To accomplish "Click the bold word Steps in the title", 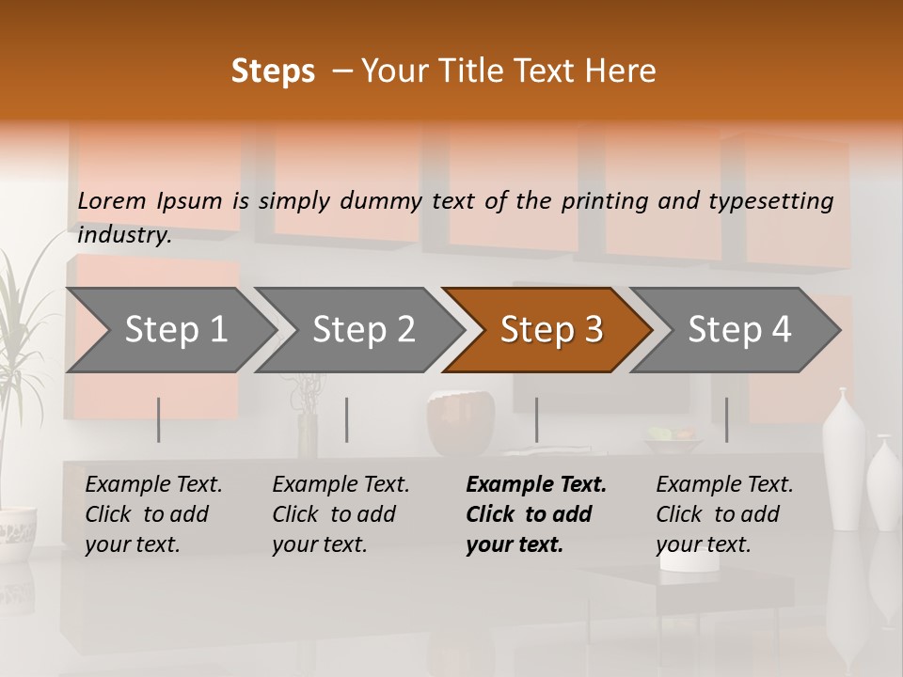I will pyautogui.click(x=273, y=71).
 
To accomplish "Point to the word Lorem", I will pyautogui.click(x=112, y=201).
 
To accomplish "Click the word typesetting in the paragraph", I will pyautogui.click(x=780, y=201).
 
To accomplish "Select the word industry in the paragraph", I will pyautogui.click(x=123, y=235).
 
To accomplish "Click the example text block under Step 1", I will pyautogui.click(x=153, y=514).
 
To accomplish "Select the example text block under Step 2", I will pyautogui.click(x=341, y=514).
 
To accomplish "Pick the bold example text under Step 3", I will pyautogui.click(x=536, y=514).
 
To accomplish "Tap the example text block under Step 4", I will pyautogui.click(x=724, y=514).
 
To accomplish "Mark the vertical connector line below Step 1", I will pyautogui.click(x=159, y=419).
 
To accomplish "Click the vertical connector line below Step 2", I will pyautogui.click(x=347, y=419).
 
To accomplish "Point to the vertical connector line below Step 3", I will pyautogui.click(x=536, y=419).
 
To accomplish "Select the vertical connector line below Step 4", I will pyautogui.click(x=726, y=419).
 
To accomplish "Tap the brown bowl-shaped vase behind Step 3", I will pyautogui.click(x=461, y=424).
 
